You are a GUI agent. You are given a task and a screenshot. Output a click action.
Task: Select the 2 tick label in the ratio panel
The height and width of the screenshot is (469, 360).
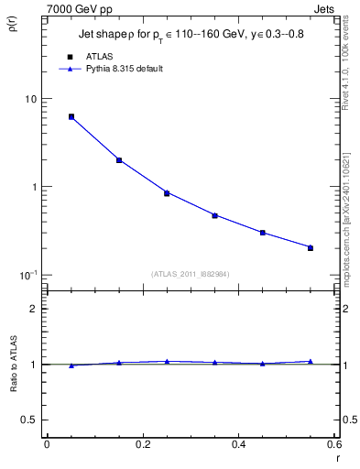34,310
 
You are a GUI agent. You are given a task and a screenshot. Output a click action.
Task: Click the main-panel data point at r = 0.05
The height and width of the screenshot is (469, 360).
71,117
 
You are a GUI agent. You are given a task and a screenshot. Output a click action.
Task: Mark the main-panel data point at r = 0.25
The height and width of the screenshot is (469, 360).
167,193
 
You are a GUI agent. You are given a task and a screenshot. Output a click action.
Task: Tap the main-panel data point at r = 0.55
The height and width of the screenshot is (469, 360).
311,247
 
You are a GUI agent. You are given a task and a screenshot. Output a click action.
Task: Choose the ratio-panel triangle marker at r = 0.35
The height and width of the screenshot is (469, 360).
214,363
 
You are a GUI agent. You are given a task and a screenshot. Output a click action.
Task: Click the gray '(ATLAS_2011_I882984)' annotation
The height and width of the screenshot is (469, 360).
191,273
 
